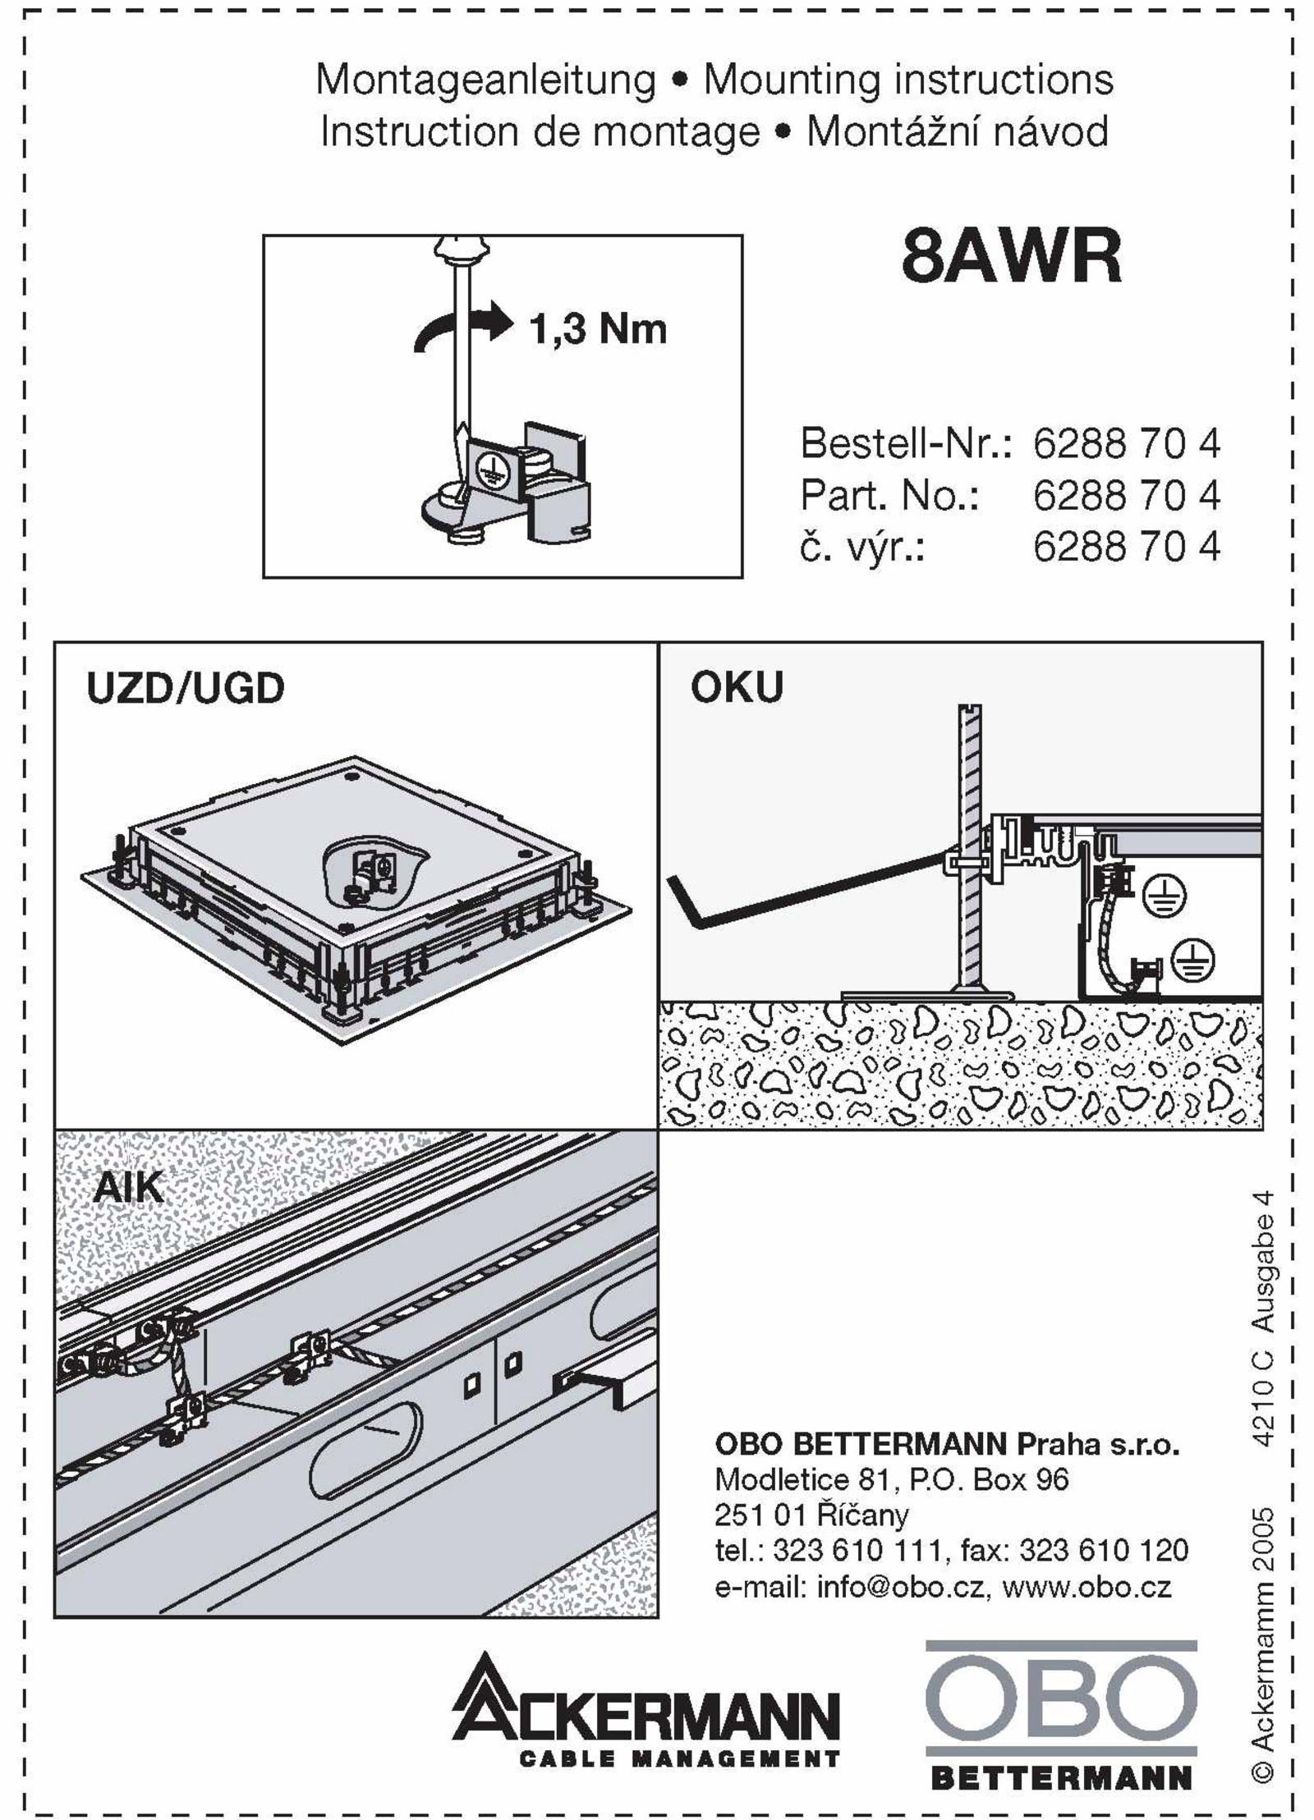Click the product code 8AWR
tap(1011, 257)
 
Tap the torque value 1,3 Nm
tap(597, 329)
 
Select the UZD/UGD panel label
tap(186, 688)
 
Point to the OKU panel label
tap(737, 687)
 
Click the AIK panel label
tap(128, 1187)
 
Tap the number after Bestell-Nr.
tap(1126, 444)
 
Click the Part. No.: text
tap(889, 496)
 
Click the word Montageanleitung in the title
tap(486, 80)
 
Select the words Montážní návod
tap(958, 132)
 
